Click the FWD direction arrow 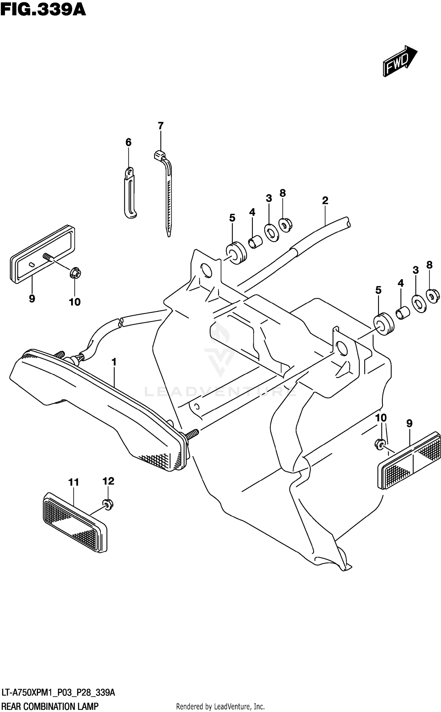pos(400,61)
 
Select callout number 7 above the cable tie pos(160,126)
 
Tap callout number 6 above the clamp pos(128,142)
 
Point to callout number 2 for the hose pos(325,201)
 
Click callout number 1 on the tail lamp pos(114,362)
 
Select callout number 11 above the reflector pos(73,483)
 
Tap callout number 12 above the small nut pos(108,481)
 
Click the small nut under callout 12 pos(108,505)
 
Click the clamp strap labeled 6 pos(129,194)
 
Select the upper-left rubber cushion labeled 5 pos(236,253)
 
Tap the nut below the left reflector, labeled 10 pos(75,273)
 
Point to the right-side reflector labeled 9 pos(410,460)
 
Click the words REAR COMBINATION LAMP pos(50,706)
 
